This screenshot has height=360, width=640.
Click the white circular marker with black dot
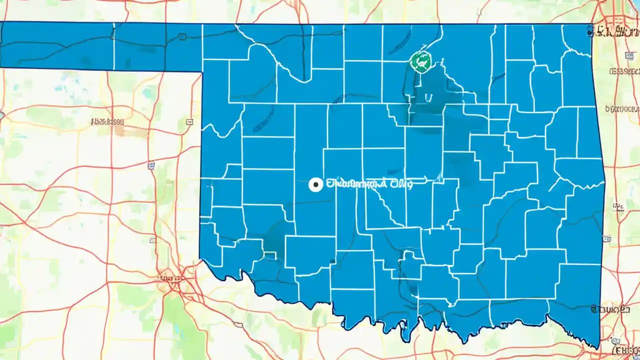(315, 185)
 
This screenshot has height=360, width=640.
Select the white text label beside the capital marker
(369, 184)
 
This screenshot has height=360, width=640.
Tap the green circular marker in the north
(421, 61)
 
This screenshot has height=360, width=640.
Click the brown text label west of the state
(107, 121)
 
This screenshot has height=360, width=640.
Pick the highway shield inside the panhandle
(182, 36)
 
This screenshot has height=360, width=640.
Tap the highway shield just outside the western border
(189, 121)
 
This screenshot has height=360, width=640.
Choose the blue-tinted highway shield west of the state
(151, 164)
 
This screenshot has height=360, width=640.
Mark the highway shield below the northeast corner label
(628, 55)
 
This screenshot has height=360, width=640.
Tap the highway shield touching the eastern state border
(606, 238)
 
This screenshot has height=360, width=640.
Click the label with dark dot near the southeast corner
(610, 310)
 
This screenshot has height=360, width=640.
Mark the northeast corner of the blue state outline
(592, 24)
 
